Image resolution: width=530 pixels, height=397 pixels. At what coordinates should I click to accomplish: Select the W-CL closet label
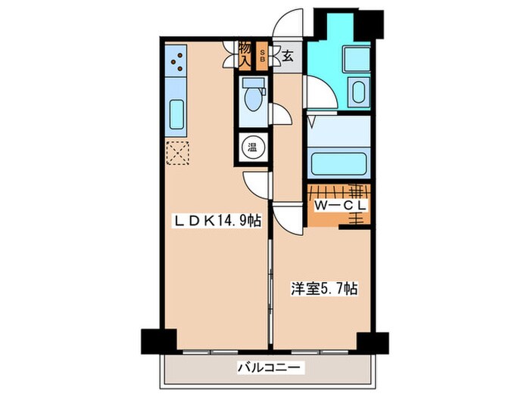pyautogui.click(x=339, y=205)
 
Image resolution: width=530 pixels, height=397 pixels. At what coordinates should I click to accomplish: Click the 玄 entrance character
pyautogui.click(x=288, y=55)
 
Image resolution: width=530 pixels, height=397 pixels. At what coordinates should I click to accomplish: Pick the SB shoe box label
pyautogui.click(x=262, y=55)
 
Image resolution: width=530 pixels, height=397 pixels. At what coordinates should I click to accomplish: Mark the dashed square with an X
pyautogui.click(x=177, y=154)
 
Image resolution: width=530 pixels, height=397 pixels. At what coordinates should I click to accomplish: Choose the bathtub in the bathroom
pyautogui.click(x=338, y=161)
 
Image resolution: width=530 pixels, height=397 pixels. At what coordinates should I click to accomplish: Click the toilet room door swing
pyautogui.click(x=279, y=113)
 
